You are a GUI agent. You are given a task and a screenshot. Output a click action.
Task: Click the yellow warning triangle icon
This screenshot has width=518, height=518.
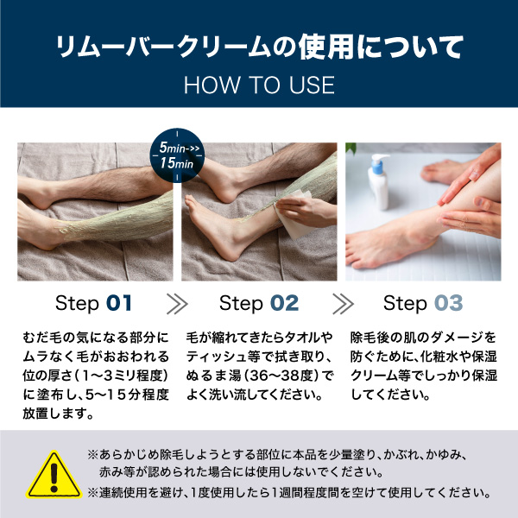point(54,476)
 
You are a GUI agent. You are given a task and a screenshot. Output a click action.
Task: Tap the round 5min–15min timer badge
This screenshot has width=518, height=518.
point(177,155)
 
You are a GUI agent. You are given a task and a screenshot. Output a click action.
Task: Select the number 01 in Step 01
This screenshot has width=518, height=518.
point(119,303)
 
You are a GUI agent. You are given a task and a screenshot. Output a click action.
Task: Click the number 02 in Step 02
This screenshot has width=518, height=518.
point(284,303)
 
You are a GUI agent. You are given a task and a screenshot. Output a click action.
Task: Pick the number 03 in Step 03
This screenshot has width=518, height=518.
point(448,303)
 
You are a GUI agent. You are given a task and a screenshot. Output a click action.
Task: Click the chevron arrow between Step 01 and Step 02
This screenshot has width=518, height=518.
point(177,304)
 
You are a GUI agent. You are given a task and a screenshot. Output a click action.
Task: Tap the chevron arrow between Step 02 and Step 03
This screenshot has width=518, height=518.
point(343,304)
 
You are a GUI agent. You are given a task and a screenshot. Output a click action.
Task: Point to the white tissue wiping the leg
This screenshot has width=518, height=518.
point(294,215)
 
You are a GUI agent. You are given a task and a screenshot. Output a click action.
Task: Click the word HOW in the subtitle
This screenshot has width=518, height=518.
point(212,85)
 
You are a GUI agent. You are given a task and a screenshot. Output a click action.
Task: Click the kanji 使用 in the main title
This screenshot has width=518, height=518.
point(326,47)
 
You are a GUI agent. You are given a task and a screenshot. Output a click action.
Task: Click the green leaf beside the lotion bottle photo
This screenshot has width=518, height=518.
point(351,148)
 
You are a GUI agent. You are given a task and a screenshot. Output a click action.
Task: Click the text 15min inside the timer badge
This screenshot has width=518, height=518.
point(177,163)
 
